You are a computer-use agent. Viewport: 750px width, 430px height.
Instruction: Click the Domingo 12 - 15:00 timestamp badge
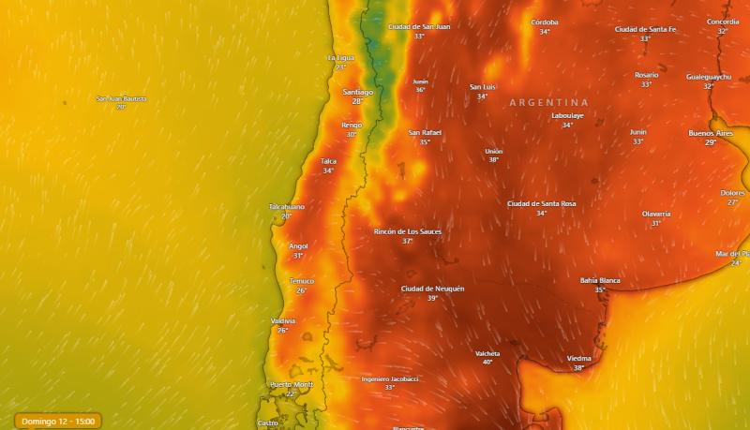[x=57, y=421]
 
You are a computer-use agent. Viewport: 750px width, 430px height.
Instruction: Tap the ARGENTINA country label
[x=548, y=102]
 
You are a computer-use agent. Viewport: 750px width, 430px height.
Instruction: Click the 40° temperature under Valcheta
[x=487, y=362]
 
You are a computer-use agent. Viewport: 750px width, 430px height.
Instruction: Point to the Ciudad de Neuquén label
[x=432, y=289]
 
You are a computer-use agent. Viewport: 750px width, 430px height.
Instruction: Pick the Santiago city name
[x=357, y=92]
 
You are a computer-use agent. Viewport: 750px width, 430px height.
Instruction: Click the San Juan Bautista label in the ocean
[x=121, y=98]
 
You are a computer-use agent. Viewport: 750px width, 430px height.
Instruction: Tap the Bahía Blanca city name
[x=600, y=280]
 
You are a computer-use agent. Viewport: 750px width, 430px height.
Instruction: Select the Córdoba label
[x=545, y=22]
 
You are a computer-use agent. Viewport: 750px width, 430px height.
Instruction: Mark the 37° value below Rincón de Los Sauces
[x=408, y=241]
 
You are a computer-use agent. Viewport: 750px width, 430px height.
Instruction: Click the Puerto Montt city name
[x=291, y=384]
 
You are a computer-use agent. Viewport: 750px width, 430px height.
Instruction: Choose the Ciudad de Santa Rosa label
[x=541, y=203]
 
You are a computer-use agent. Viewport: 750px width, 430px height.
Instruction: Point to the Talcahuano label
[x=287, y=206]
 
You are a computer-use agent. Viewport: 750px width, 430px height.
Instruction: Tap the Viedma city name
[x=578, y=358]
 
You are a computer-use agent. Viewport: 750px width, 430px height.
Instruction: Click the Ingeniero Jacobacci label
[x=390, y=378]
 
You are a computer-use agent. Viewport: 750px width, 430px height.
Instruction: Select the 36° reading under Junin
[x=420, y=90]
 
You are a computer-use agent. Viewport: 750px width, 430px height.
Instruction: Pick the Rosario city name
[x=646, y=75]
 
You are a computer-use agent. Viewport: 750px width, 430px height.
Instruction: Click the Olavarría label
[x=656, y=214]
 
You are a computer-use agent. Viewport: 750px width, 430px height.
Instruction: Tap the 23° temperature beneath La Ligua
[x=341, y=67]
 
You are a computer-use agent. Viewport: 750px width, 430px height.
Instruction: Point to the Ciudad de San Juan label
[x=419, y=26]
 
